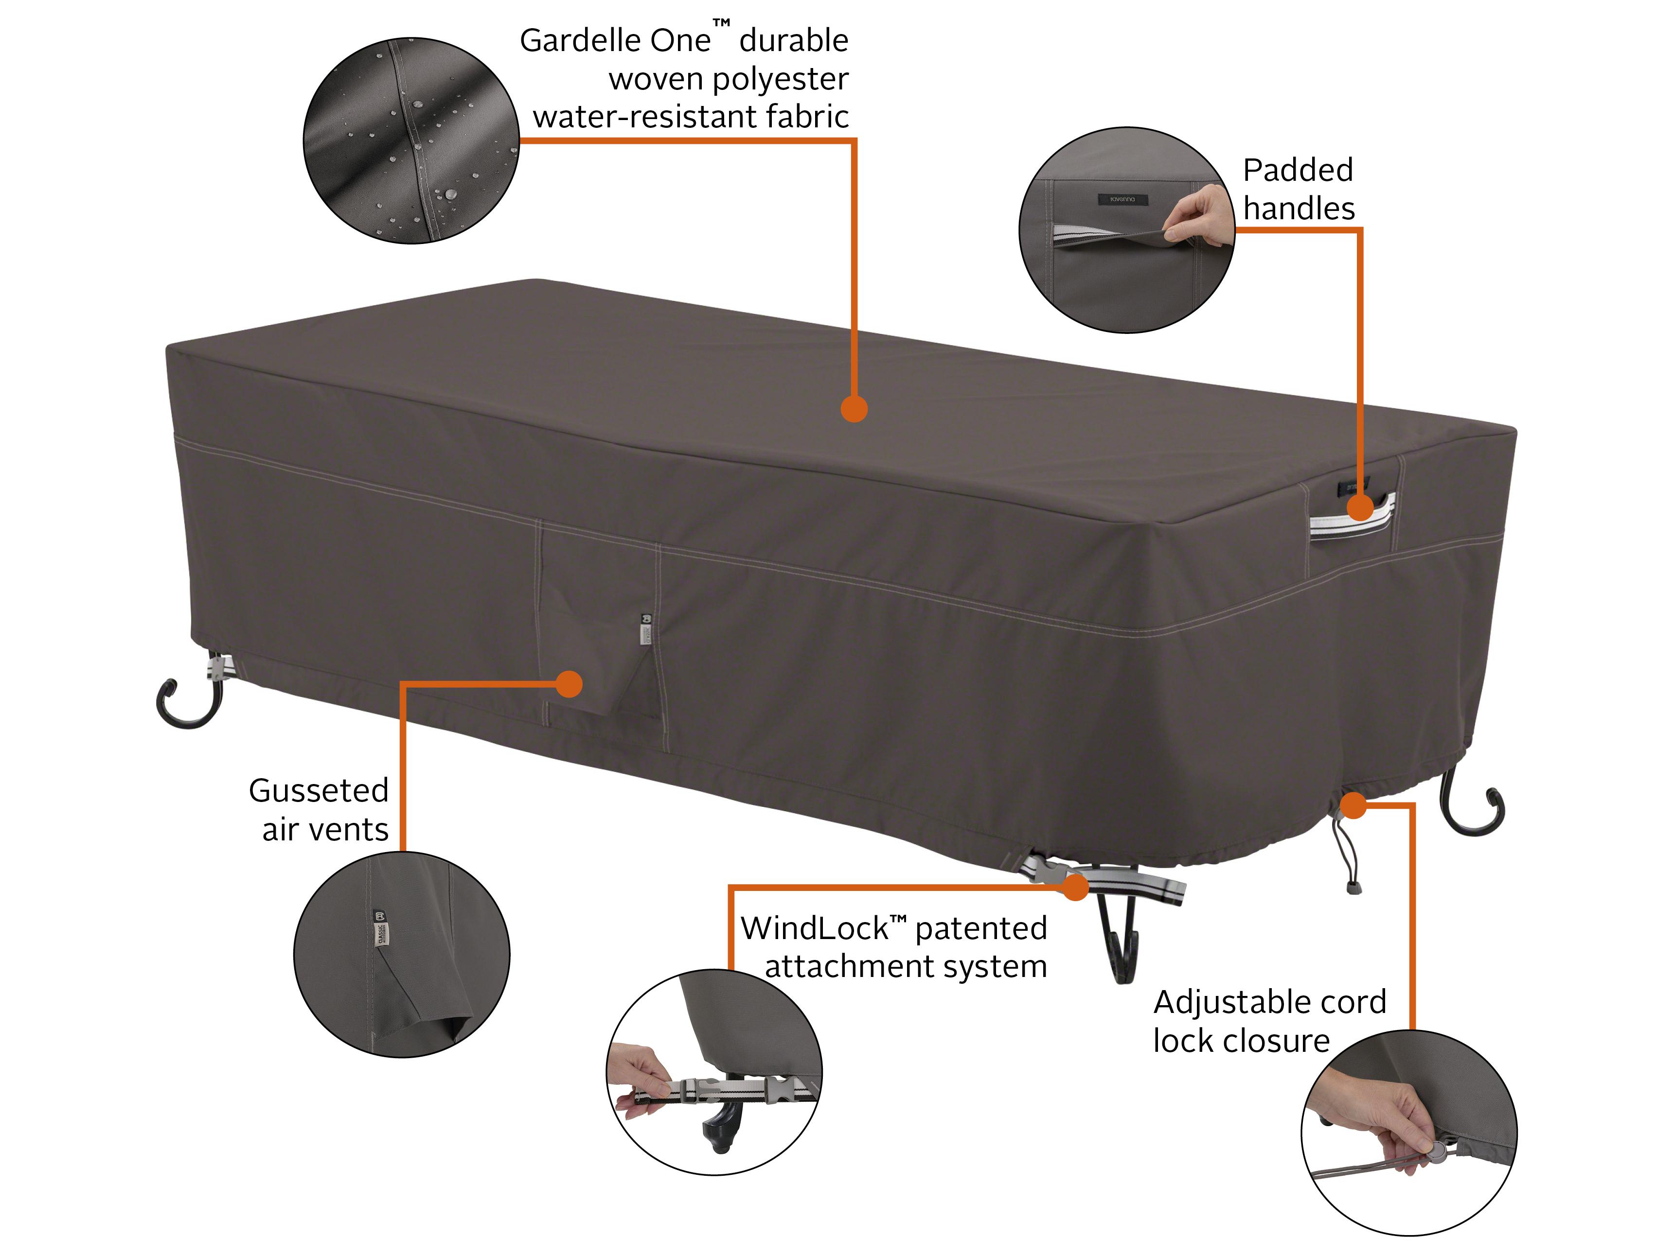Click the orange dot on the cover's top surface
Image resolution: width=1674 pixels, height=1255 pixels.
[x=854, y=409]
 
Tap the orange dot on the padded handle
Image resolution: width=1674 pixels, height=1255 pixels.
[x=1360, y=507]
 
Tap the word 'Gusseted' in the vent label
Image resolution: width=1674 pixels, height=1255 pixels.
[x=319, y=790]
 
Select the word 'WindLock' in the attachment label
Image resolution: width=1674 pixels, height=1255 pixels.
[x=814, y=928]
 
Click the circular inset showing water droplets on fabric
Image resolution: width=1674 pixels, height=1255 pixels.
[x=411, y=140]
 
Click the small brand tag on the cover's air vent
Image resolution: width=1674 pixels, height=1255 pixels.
[x=645, y=628]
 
